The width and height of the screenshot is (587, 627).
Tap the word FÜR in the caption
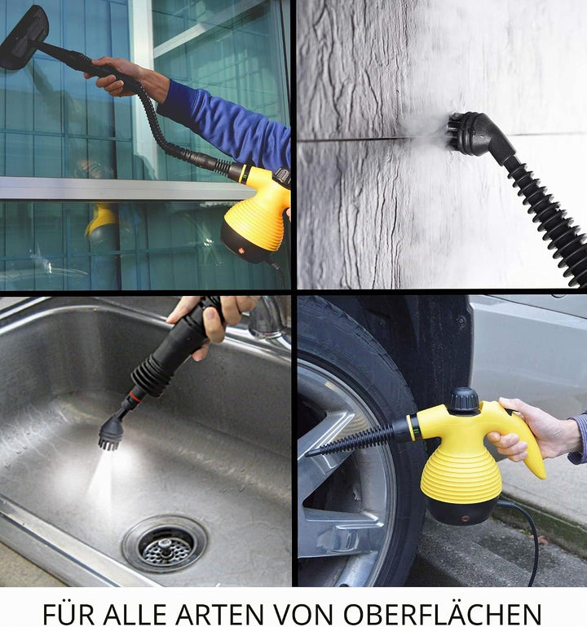point(68,612)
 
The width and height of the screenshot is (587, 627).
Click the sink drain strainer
point(166,545)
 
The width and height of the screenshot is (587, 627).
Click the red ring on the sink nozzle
point(135,396)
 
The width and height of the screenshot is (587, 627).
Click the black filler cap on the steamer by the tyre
point(463,400)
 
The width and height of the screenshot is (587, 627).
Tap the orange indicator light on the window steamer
point(241,251)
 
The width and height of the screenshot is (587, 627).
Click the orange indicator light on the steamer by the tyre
point(465,519)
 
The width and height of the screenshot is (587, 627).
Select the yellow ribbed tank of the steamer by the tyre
point(461,476)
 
